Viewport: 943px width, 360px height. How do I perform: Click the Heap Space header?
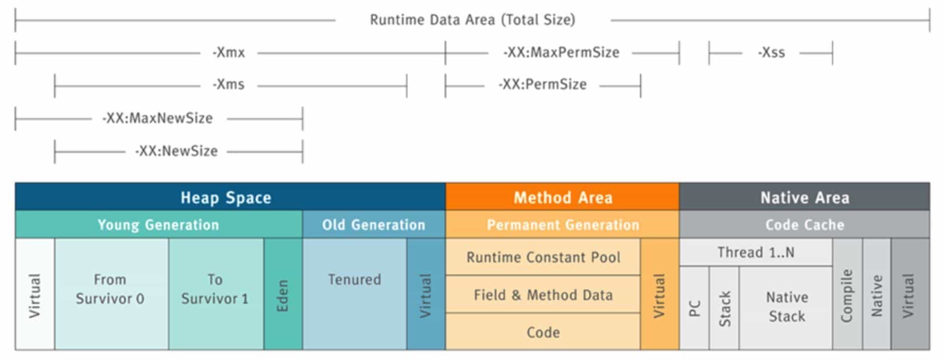tap(226, 197)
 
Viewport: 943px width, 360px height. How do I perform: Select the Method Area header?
tap(563, 197)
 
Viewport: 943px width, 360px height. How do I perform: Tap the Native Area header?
tap(805, 197)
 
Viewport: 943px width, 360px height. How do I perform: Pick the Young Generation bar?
tap(158, 225)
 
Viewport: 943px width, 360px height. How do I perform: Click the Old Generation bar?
tap(374, 225)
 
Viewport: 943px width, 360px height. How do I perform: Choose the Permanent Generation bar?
tap(563, 225)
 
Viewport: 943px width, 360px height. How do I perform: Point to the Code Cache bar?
tap(805, 225)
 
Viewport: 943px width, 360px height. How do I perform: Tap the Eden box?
tap(283, 295)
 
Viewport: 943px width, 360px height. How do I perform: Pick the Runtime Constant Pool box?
tap(543, 257)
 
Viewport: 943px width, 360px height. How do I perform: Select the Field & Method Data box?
tap(543, 295)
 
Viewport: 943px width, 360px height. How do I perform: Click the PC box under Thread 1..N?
tap(694, 308)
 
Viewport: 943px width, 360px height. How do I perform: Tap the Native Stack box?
tap(787, 307)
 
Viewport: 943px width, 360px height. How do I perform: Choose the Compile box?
tap(847, 295)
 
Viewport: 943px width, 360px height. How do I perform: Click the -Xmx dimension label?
tap(229, 53)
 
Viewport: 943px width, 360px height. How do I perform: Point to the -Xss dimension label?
tap(771, 53)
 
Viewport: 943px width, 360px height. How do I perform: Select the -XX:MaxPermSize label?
tap(561, 53)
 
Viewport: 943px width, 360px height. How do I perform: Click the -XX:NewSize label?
tap(176, 151)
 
